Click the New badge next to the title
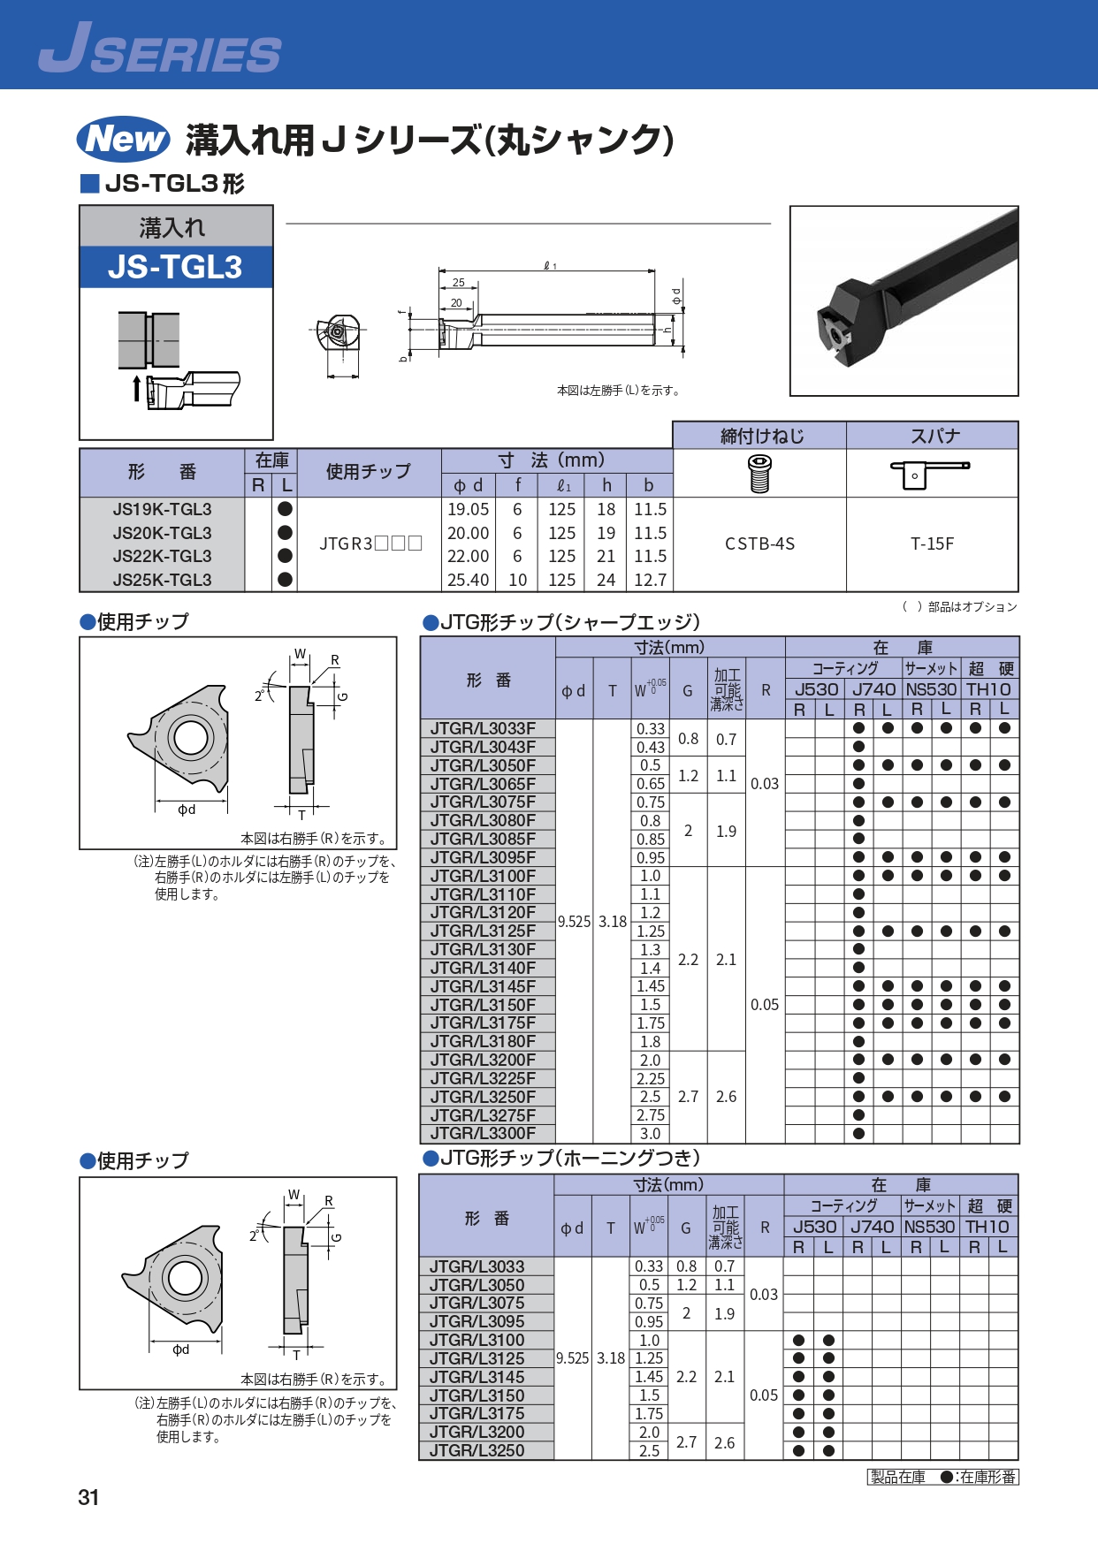coord(124,139)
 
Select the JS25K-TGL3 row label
coord(162,580)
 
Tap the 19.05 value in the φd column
coord(468,509)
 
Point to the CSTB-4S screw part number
coord(759,544)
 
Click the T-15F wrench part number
coord(933,544)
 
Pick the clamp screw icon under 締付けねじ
coord(759,473)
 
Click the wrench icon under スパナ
coord(929,473)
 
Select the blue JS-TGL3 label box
coord(176,267)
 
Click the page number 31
coord(88,1497)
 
